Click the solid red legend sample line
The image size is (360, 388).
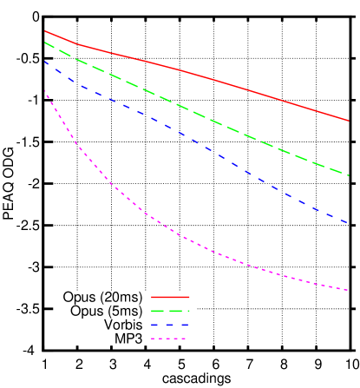(x=170, y=297)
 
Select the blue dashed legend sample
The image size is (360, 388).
(x=170, y=325)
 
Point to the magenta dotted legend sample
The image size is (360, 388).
(x=168, y=339)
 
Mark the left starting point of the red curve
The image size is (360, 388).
(x=45, y=31)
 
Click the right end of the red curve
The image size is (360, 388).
(x=348, y=121)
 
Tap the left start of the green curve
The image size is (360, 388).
(x=45, y=43)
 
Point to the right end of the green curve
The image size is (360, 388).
(x=348, y=175)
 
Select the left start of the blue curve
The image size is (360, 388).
(x=45, y=62)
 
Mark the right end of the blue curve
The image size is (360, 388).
(x=348, y=224)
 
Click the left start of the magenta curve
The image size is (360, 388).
(x=45, y=91)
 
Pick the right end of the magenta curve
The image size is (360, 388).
(x=348, y=291)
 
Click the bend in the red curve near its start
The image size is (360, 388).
(x=76, y=43)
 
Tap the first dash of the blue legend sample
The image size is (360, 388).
(x=154, y=325)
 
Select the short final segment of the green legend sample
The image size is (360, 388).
(x=187, y=311)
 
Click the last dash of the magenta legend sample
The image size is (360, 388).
(x=182, y=339)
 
